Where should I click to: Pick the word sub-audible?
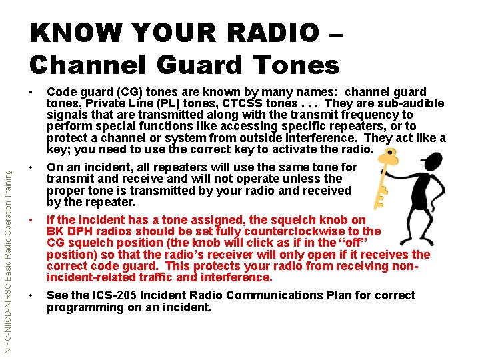(411, 103)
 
